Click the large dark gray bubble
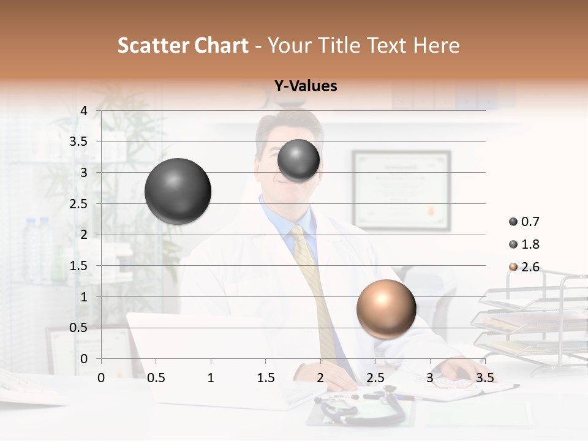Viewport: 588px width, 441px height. (x=178, y=191)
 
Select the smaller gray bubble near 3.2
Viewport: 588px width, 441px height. (x=298, y=160)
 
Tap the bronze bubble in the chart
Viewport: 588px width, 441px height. (x=386, y=309)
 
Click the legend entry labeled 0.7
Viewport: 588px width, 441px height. (x=524, y=222)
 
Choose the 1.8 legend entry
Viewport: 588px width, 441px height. (x=524, y=244)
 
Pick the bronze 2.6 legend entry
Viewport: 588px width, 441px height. (x=524, y=267)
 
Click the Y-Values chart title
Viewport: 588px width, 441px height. (x=306, y=86)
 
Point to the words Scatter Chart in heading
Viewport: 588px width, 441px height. (x=183, y=45)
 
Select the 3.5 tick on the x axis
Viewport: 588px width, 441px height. (x=484, y=377)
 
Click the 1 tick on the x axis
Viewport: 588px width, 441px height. (x=211, y=377)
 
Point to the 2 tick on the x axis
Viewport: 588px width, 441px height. (x=320, y=377)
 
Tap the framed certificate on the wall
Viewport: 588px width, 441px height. (x=401, y=190)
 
